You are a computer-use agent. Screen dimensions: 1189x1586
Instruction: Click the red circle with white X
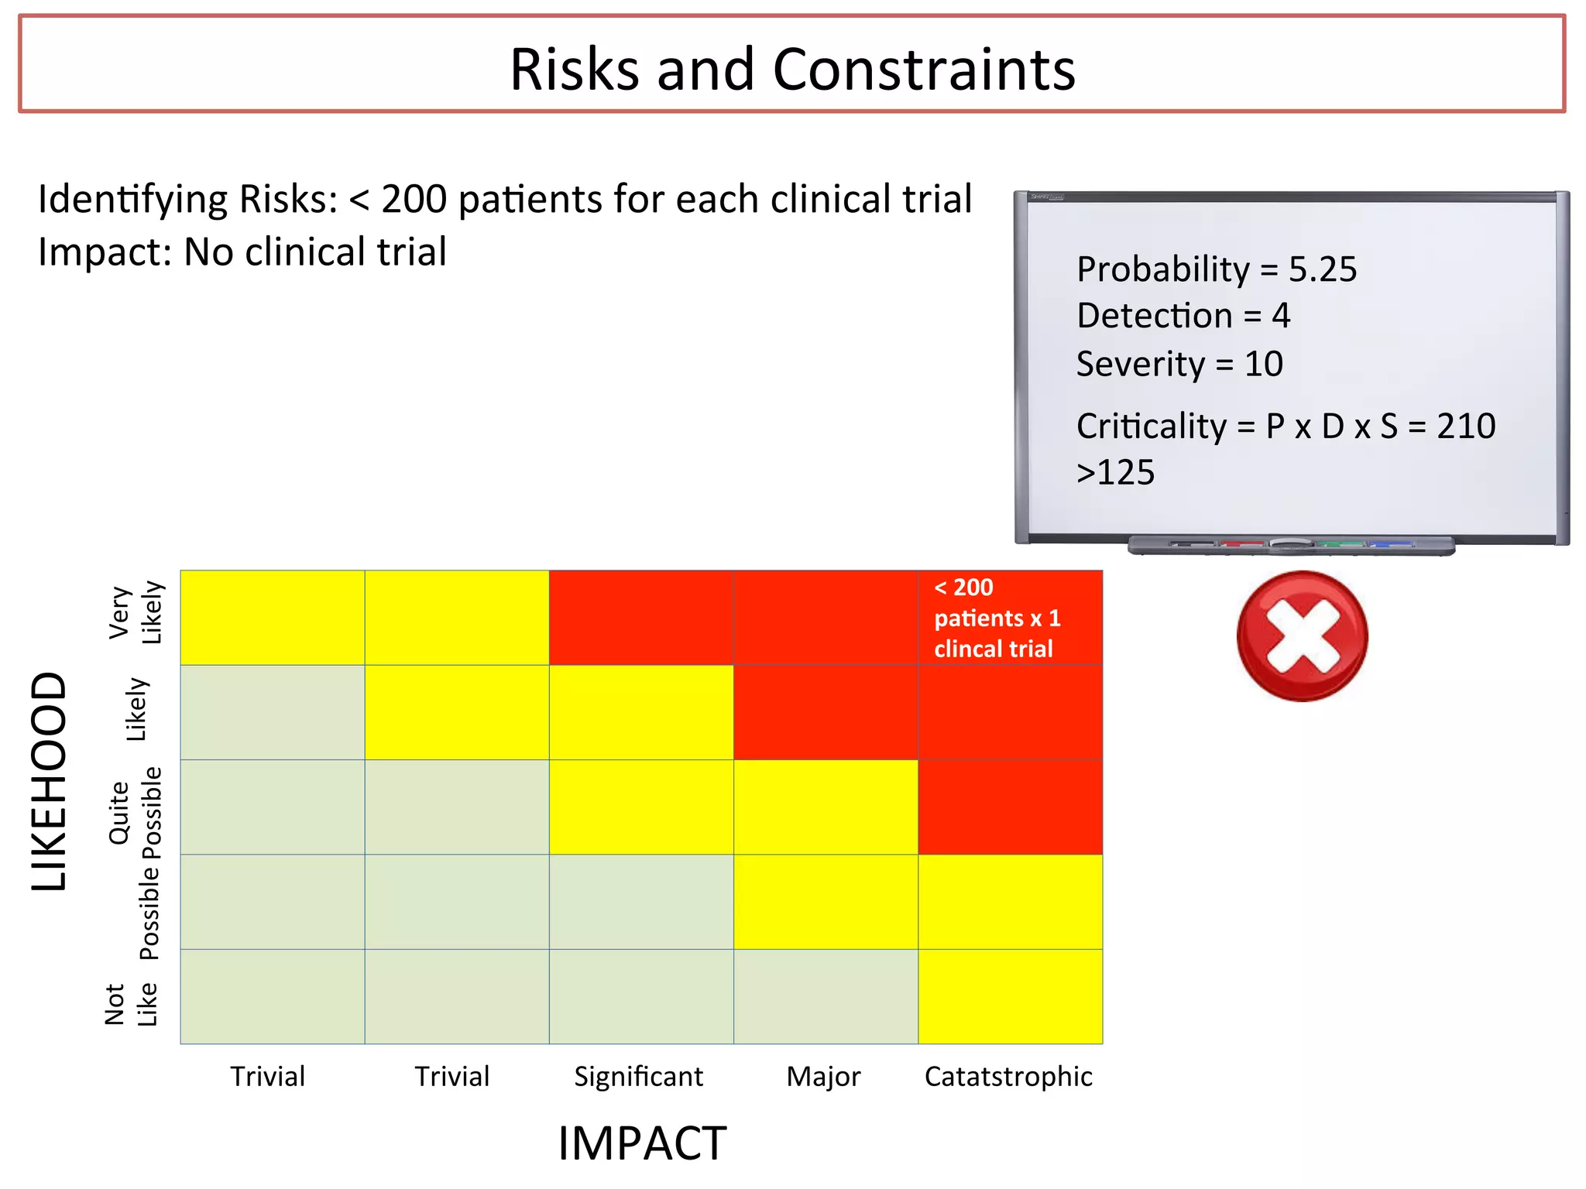point(1302,636)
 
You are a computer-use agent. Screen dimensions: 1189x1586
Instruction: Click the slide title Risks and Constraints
point(792,69)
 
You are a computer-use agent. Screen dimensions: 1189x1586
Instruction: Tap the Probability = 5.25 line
point(1216,269)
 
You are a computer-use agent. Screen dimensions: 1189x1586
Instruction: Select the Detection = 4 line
point(1183,316)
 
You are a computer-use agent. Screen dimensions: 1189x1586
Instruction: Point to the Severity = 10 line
point(1179,364)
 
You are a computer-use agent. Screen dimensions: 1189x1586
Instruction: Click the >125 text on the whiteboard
point(1115,472)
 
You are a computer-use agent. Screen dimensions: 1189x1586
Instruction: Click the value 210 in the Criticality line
point(1465,426)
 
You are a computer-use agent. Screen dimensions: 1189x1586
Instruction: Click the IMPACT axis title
point(642,1143)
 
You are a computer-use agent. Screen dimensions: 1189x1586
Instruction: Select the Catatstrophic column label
point(1008,1076)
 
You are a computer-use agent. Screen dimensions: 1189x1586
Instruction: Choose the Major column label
point(823,1076)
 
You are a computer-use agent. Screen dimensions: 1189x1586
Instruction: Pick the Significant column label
point(638,1076)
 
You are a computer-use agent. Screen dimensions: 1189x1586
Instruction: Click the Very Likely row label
point(136,613)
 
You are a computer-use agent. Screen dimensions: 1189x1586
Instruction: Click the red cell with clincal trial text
point(1010,618)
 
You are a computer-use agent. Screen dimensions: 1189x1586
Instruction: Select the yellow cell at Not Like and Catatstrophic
point(1010,996)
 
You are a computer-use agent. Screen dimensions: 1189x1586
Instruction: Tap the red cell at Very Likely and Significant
point(641,618)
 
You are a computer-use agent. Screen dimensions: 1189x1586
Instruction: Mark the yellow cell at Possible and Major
point(826,902)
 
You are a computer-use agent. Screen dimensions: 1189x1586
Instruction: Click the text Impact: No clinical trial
point(242,252)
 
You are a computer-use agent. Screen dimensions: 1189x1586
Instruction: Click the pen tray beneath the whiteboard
point(1291,546)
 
